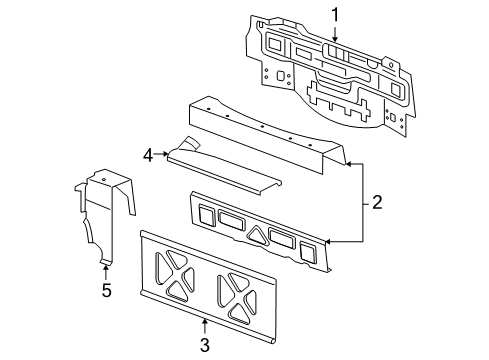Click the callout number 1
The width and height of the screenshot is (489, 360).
[x=336, y=14]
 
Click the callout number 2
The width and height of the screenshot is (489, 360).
[x=376, y=202]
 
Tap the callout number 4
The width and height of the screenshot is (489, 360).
[x=147, y=155]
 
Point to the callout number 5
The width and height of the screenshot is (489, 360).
[x=105, y=291]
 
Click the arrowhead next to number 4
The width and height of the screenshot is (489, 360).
[x=167, y=155]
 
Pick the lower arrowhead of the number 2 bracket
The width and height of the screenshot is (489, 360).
[x=327, y=240]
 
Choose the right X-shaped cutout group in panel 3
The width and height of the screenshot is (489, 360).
[x=240, y=298]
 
